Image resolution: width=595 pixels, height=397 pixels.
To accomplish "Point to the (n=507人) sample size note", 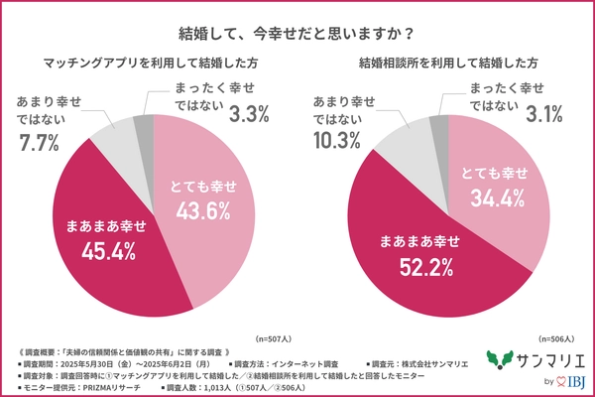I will click(x=275, y=337).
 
